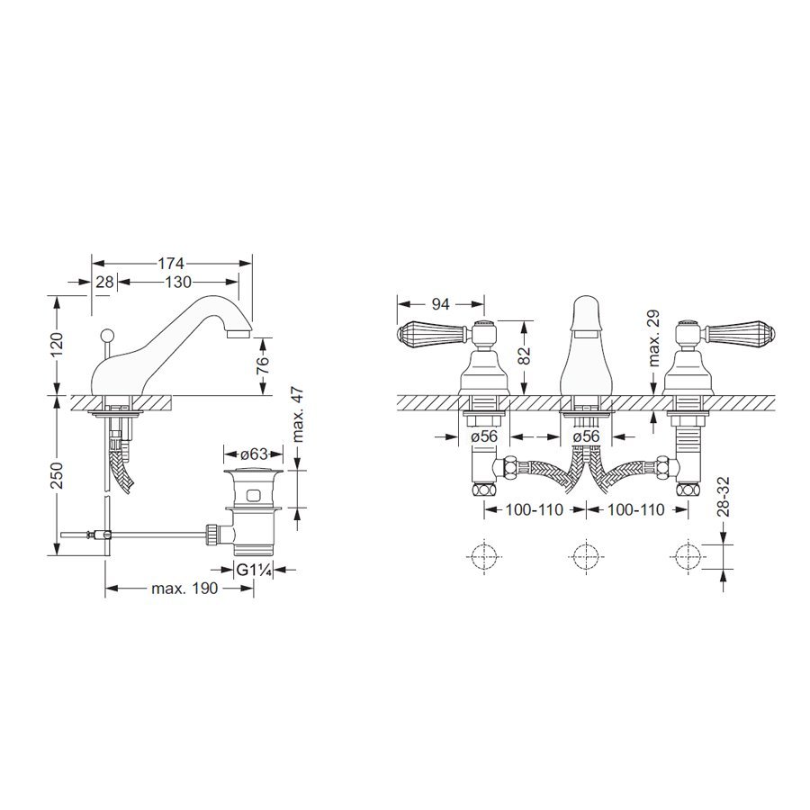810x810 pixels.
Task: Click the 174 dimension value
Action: point(171,264)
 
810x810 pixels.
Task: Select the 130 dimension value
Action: point(178,282)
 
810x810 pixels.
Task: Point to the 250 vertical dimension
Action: point(56,475)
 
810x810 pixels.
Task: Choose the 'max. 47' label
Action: point(299,414)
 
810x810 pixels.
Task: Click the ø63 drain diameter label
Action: point(254,454)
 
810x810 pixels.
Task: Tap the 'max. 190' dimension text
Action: point(184,589)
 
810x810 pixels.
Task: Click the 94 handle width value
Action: point(441,304)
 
